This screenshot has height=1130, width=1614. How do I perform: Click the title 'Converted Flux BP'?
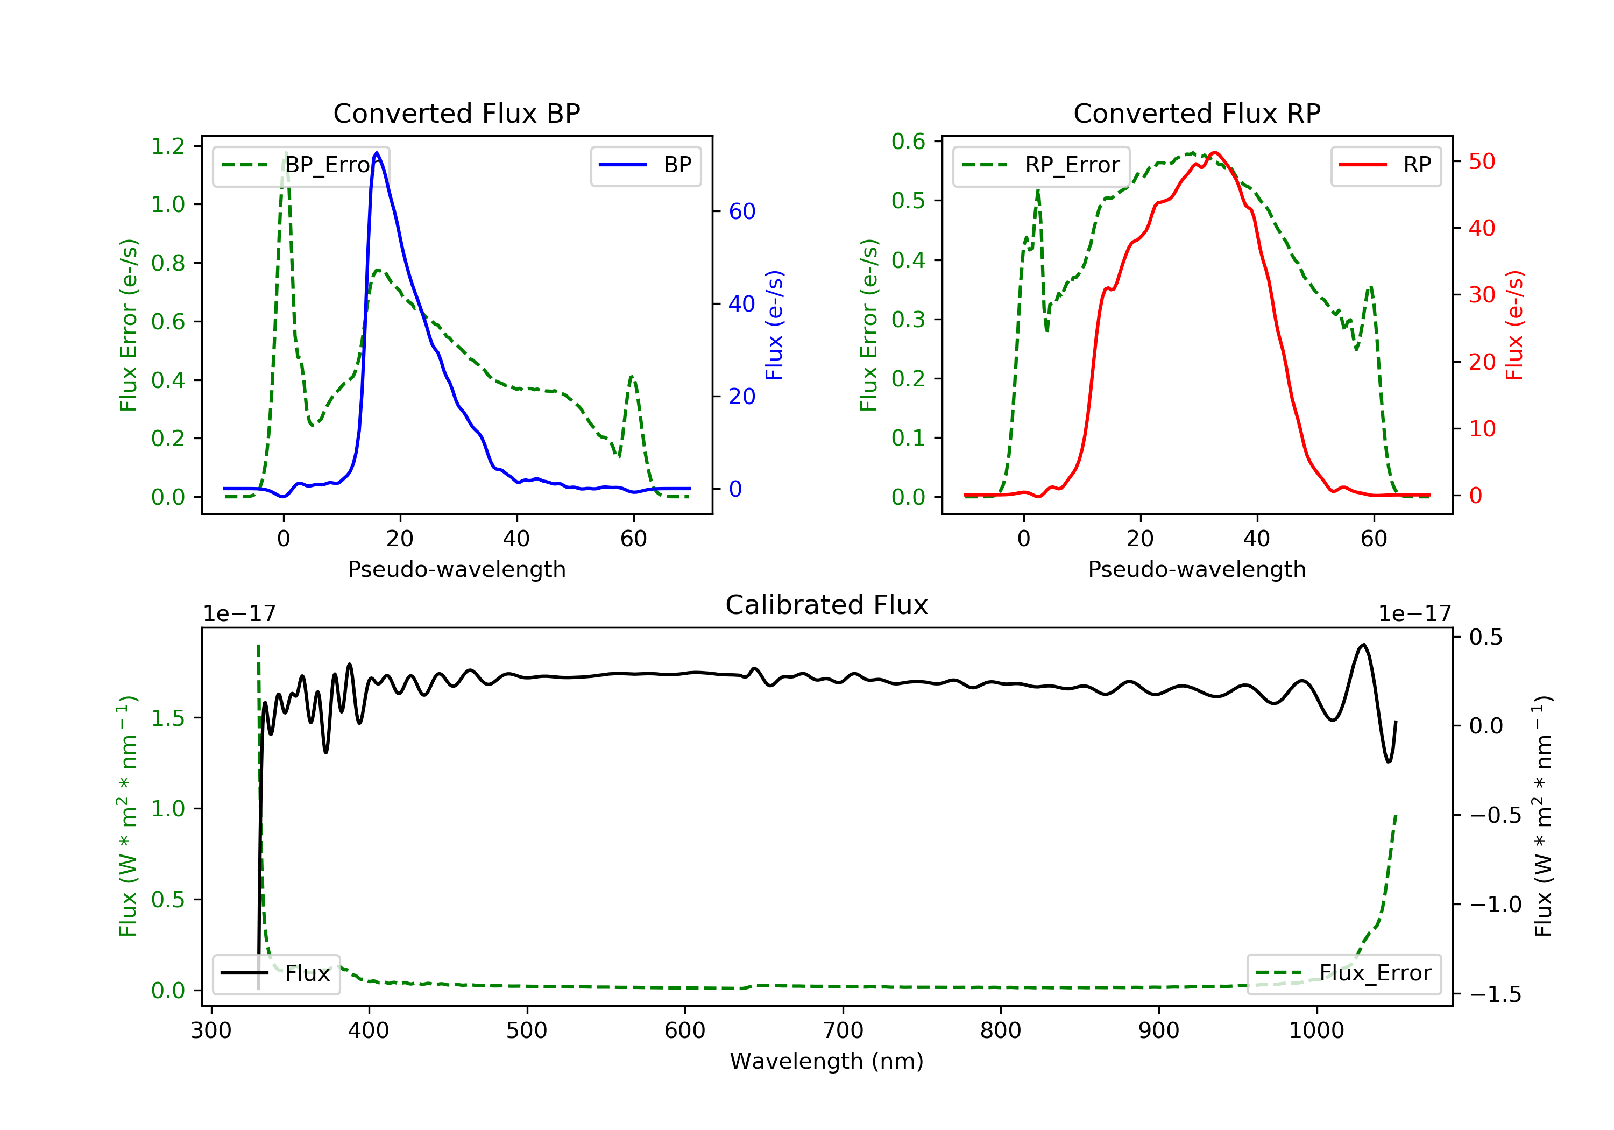coord(456,113)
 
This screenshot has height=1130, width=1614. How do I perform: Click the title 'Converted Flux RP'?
coord(1197,113)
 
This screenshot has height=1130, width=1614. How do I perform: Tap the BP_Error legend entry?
coord(301,165)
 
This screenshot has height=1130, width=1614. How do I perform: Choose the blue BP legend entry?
coord(645,165)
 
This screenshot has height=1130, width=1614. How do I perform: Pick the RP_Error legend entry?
coord(1041,165)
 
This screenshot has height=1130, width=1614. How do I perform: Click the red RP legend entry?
coord(1385,165)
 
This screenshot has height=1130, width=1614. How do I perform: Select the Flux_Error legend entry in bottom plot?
coord(1343,973)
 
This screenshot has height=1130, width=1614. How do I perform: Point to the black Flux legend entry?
coord(277,973)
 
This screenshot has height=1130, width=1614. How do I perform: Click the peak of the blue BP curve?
coord(377,153)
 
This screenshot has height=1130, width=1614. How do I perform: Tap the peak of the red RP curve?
coord(1214,153)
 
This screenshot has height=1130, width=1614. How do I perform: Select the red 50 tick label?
coord(1481,162)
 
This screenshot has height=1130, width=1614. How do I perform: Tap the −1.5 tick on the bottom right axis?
coord(1495,994)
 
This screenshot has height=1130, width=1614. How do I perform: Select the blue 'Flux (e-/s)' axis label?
coord(774,325)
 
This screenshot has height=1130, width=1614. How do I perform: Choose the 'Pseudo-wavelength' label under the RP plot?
coord(1197,569)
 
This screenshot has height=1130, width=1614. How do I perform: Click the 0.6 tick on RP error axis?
coord(908,142)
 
